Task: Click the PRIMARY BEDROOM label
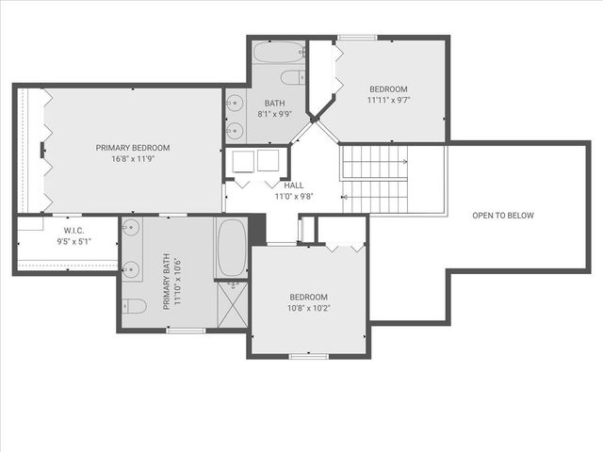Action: (132, 148)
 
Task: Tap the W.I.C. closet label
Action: (73, 230)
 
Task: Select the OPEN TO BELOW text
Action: (502, 216)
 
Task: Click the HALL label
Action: (293, 186)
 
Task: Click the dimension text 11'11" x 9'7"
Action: (388, 99)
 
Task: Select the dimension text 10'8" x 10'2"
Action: (309, 308)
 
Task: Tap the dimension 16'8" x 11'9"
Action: (132, 159)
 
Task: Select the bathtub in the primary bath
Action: (231, 249)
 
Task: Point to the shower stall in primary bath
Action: (232, 304)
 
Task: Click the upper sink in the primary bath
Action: (132, 228)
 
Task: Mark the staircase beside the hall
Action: (374, 179)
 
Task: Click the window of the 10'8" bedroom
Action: (308, 356)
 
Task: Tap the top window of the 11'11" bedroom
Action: (356, 38)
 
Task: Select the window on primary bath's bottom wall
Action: (186, 331)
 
